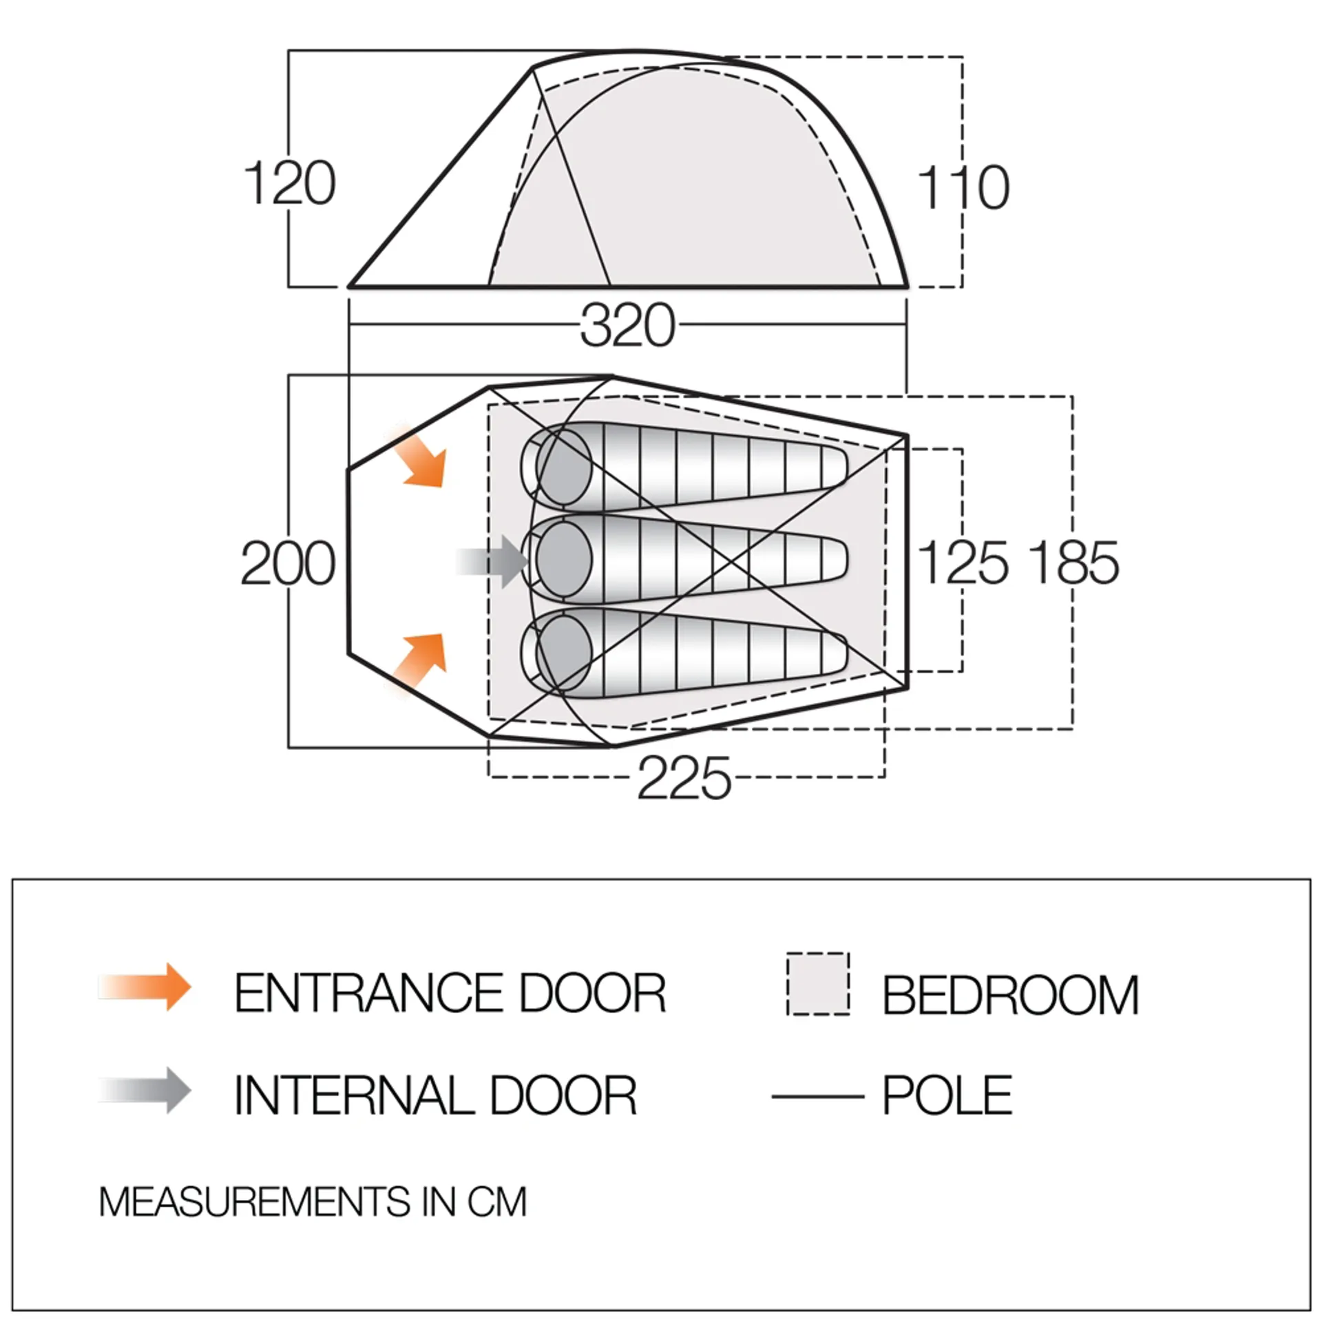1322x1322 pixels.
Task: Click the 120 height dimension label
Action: [290, 183]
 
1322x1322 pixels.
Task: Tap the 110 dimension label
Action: [963, 187]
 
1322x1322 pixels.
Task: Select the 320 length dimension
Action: [627, 326]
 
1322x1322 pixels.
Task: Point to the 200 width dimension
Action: [288, 564]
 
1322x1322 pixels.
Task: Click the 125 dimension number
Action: [963, 563]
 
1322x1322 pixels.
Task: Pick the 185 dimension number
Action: [1074, 563]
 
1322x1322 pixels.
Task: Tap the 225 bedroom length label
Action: [684, 779]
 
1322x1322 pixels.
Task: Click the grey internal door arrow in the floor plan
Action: [493, 561]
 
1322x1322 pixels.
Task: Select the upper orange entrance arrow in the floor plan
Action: [419, 457]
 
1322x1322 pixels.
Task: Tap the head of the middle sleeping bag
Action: [563, 558]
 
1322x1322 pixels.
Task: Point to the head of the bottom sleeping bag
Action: [563, 652]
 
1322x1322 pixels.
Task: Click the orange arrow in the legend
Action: [145, 987]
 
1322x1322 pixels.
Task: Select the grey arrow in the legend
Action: [145, 1090]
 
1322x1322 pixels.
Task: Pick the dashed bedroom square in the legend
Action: [818, 984]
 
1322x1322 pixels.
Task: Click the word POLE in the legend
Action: [947, 1095]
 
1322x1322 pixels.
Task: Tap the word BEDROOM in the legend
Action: [1011, 996]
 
